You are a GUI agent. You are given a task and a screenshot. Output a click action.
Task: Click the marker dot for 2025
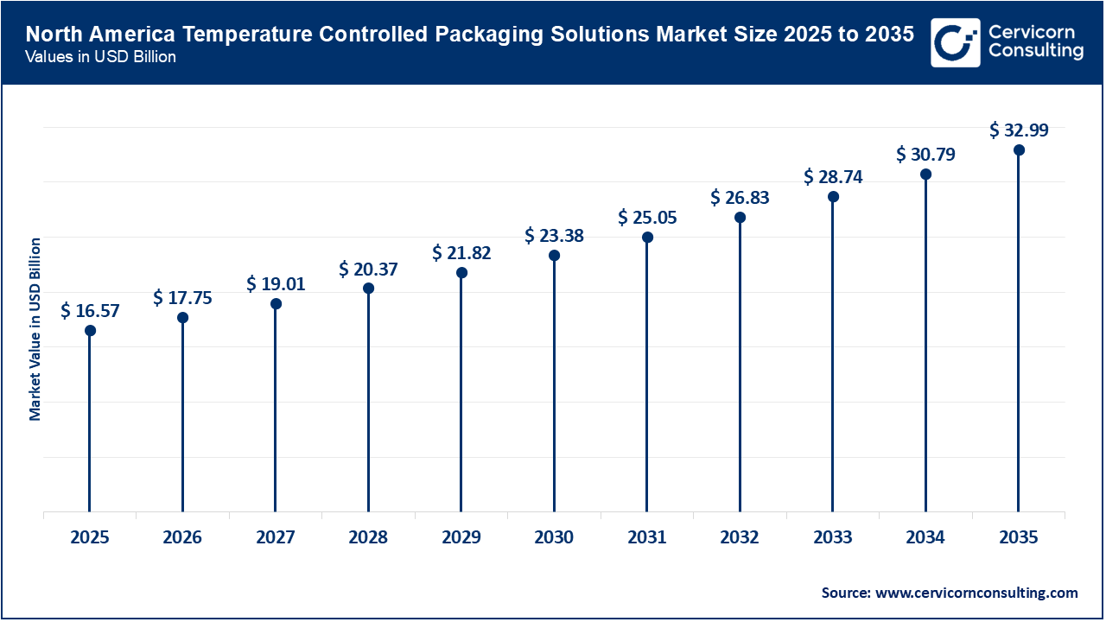pos(90,330)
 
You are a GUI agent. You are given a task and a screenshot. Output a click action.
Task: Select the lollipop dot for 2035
pos(1019,150)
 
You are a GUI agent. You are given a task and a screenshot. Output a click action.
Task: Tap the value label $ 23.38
pos(555,235)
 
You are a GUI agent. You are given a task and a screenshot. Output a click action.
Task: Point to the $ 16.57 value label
pos(90,310)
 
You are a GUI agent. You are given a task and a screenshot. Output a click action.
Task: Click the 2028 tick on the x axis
pos(368,537)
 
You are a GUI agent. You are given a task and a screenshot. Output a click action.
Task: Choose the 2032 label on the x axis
pos(740,537)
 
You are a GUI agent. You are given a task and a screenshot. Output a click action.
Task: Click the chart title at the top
pos(469,35)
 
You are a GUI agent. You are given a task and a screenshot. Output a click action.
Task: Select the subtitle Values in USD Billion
pos(100,58)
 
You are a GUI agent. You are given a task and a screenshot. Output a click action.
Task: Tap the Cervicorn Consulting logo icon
pos(955,42)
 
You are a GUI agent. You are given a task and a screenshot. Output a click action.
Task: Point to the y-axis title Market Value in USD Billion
pos(35,329)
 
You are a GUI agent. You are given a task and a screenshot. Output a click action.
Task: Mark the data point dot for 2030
pos(555,256)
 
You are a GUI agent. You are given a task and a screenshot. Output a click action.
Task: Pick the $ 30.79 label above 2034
pos(925,155)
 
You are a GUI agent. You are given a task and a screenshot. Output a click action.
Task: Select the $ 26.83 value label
pos(740,198)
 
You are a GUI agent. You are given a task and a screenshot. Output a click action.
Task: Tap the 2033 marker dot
pos(833,197)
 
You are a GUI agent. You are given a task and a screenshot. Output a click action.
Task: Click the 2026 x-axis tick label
pos(182,537)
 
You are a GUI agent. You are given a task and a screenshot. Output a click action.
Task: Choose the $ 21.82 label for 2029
pos(461,253)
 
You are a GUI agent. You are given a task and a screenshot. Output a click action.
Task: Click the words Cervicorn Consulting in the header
pos(1035,42)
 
